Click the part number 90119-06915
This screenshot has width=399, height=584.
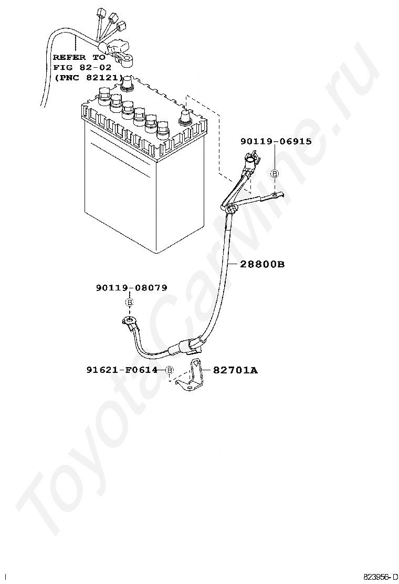pos(276,141)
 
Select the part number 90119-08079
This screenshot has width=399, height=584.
pos(131,288)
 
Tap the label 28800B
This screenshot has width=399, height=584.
pos(262,264)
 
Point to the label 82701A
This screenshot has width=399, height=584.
pos(235,370)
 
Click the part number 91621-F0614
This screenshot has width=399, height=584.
pos(122,370)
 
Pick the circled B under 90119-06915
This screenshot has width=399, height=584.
pos(274,174)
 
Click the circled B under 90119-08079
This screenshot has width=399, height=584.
pos(129,303)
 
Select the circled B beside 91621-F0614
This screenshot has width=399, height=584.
pos(170,370)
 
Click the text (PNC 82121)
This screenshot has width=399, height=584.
pos(88,77)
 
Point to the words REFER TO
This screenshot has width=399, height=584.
pos(79,57)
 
